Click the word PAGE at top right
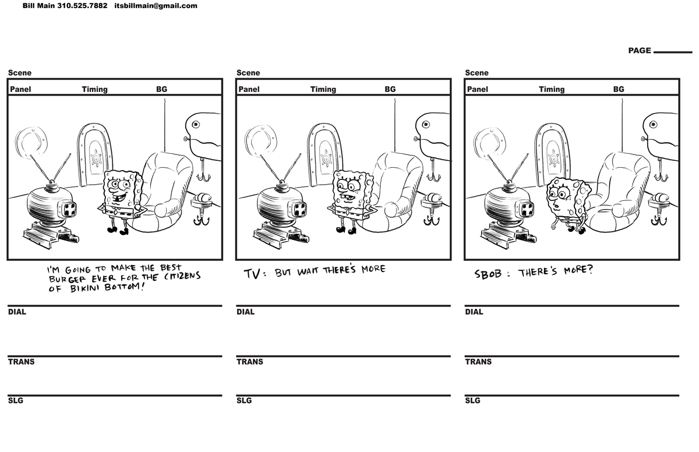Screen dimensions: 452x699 coord(639,51)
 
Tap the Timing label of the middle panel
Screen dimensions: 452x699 coord(323,89)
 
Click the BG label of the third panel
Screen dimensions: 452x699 coord(618,89)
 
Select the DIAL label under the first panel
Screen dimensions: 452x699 coord(17,312)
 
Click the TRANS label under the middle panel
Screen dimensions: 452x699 coord(249,362)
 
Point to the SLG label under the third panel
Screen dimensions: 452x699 coord(472,401)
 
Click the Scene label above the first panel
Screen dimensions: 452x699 coord(20,73)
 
